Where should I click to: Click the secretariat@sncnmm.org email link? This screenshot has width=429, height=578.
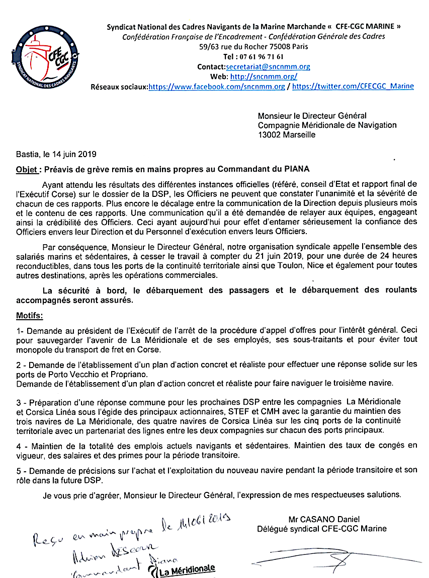click(268, 66)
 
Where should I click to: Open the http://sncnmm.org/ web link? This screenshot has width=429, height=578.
click(264, 77)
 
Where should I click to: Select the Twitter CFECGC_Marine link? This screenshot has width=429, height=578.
click(353, 86)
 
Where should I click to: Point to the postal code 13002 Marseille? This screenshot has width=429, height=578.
click(287, 134)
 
